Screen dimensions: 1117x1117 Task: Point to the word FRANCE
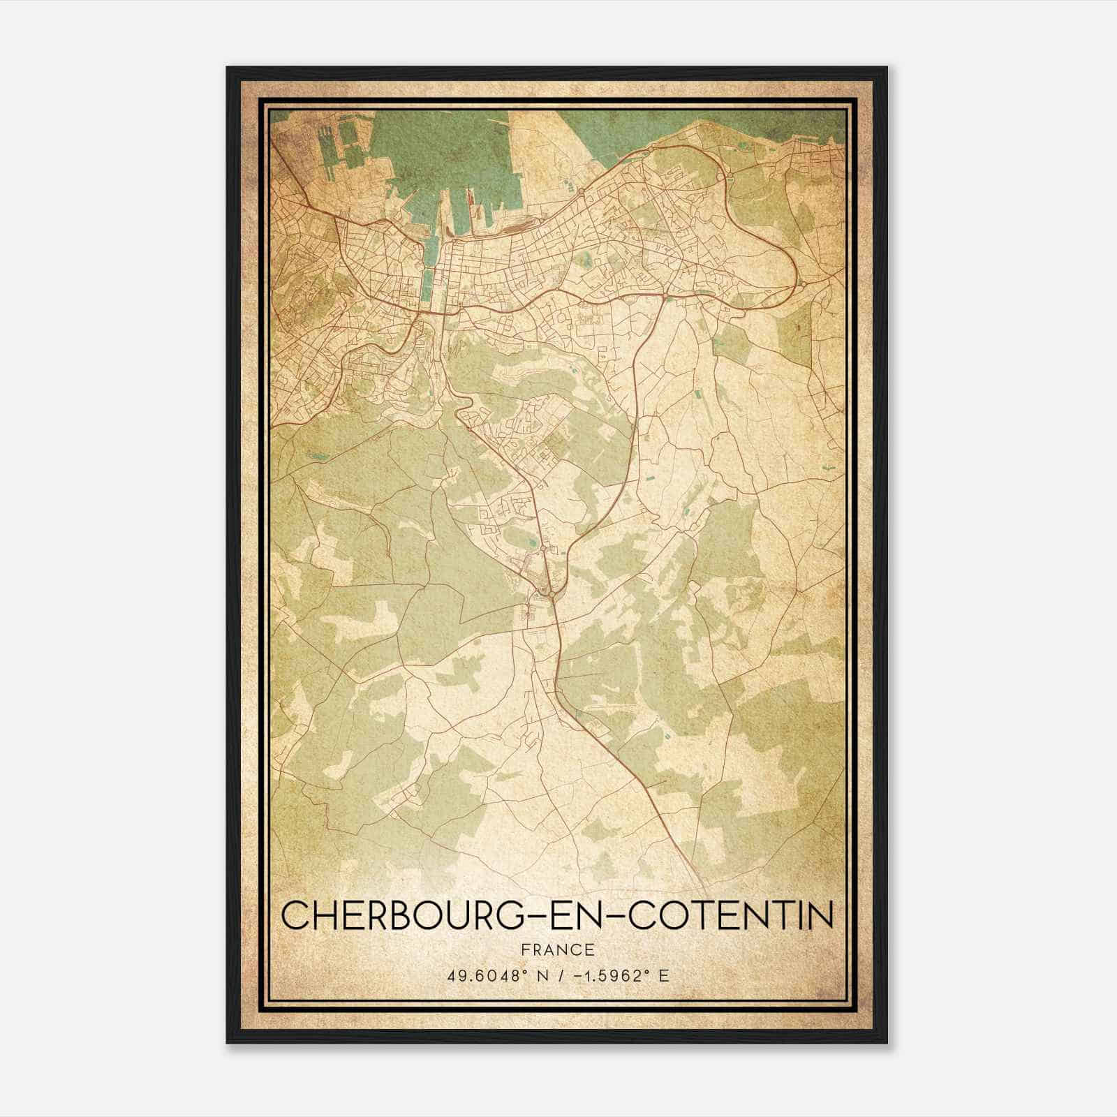pyautogui.click(x=557, y=950)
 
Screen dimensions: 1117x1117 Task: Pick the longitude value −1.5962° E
pyautogui.click(x=616, y=975)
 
